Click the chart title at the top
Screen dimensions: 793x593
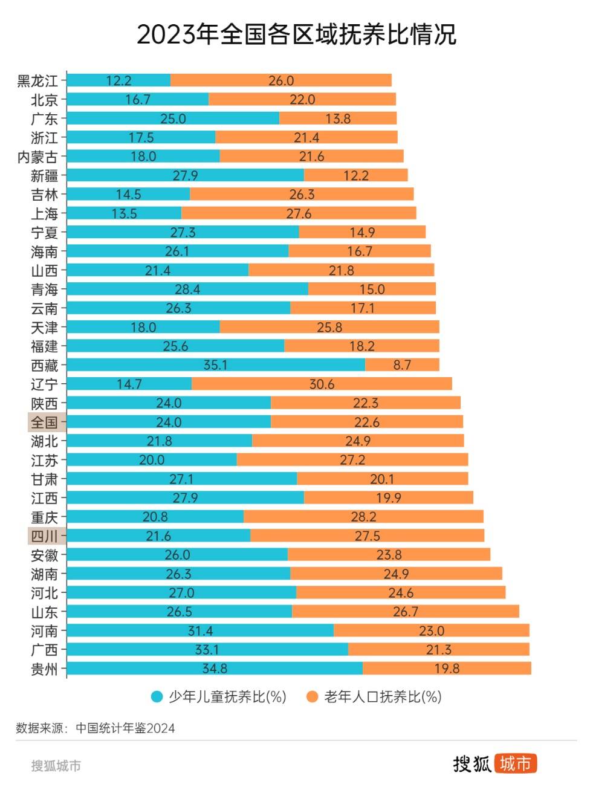click(x=296, y=34)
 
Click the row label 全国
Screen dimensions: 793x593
click(x=45, y=422)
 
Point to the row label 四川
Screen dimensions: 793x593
click(x=45, y=536)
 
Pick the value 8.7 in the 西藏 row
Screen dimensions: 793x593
click(x=402, y=365)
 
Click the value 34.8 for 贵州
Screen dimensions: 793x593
click(x=215, y=668)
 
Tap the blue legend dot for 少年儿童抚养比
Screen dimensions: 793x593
click(x=157, y=697)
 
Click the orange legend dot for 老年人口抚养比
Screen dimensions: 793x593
click(x=312, y=697)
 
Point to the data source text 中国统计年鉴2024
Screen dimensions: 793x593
click(x=125, y=728)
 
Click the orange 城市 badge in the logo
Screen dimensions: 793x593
click(x=516, y=764)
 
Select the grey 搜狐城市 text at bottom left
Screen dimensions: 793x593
click(x=56, y=766)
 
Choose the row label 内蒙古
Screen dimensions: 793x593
click(x=37, y=157)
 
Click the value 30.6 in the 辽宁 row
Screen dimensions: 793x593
click(x=322, y=384)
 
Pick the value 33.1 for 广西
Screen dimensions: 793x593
click(x=207, y=650)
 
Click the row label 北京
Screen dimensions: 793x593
click(x=45, y=100)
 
